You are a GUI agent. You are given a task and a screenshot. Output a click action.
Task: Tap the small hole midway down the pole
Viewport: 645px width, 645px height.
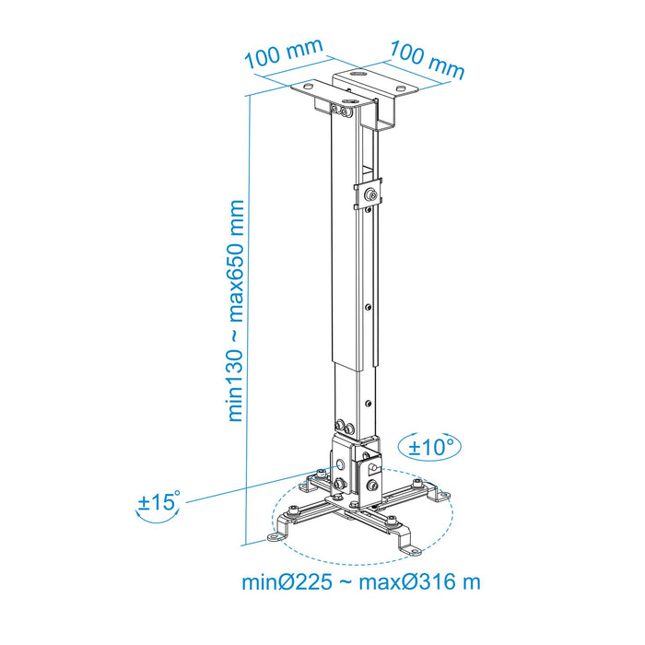coord(368,308)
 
